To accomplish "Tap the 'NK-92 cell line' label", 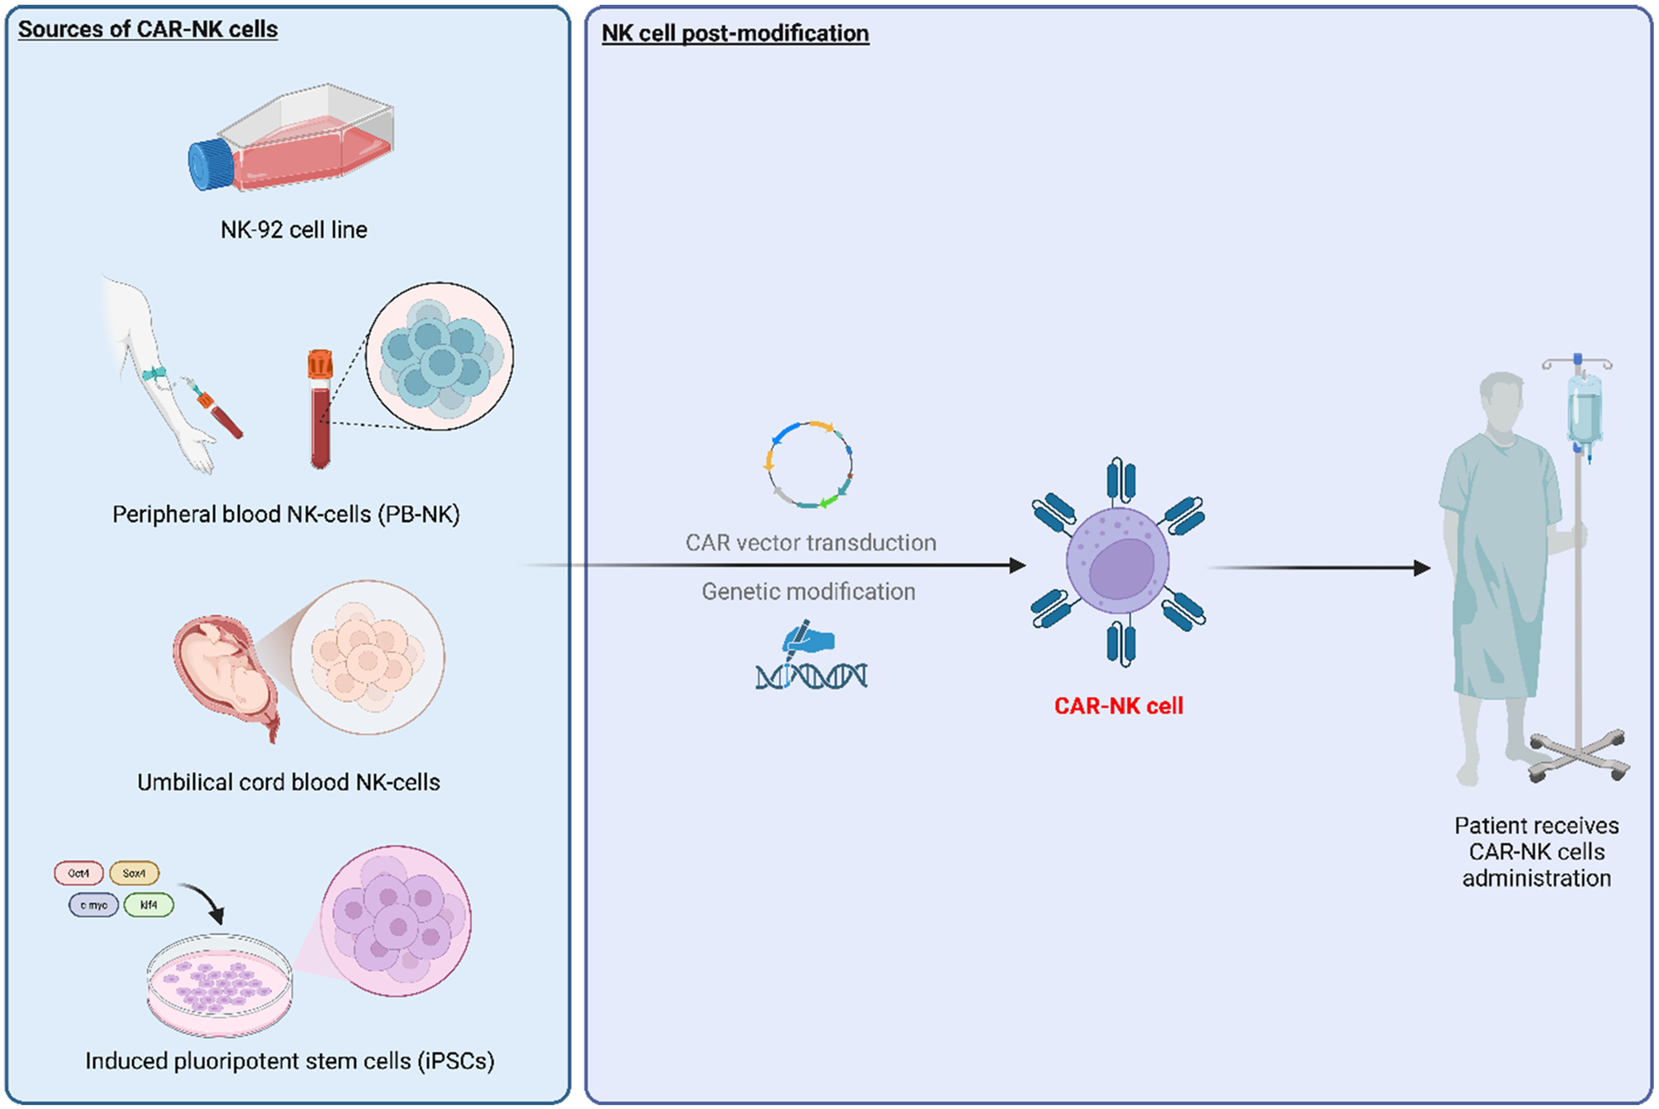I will coord(293,230).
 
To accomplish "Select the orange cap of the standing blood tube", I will coord(320,364).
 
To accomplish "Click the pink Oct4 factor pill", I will coord(78,873).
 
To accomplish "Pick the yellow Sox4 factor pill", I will coord(134,873).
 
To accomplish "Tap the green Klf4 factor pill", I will coord(149,904).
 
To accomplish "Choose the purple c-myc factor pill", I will coord(94,905).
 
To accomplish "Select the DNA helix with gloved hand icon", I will coord(811,658).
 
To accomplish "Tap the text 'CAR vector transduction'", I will coord(811,543).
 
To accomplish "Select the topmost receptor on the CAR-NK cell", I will coord(1121,481).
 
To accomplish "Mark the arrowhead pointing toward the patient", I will coord(1422,568).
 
